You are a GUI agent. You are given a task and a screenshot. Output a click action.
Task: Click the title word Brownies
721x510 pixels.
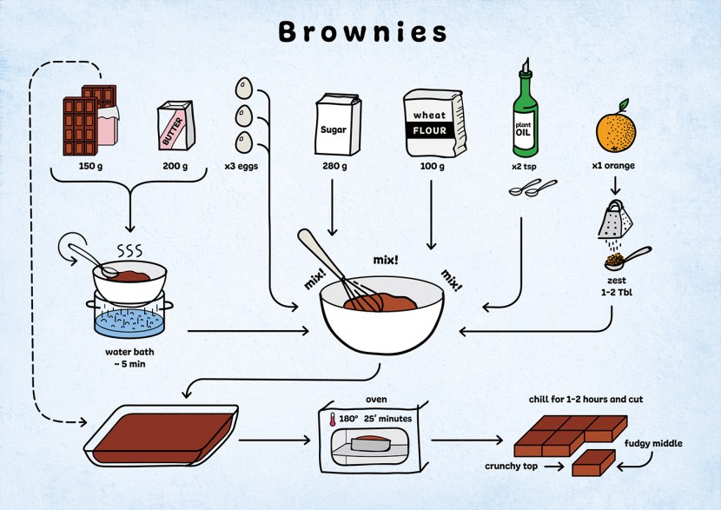[x=361, y=31]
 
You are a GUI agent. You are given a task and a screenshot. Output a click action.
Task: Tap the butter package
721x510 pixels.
[x=175, y=127]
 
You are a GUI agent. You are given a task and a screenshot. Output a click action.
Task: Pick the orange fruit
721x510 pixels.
[x=615, y=131]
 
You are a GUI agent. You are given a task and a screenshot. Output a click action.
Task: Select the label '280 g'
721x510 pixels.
[x=334, y=166]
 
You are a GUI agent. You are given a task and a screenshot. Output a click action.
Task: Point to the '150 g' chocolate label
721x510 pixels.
[x=90, y=166]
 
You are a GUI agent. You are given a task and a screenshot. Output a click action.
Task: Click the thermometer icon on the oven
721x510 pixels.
[x=332, y=420]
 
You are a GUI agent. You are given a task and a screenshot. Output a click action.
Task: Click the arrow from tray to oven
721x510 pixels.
[x=274, y=440]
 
